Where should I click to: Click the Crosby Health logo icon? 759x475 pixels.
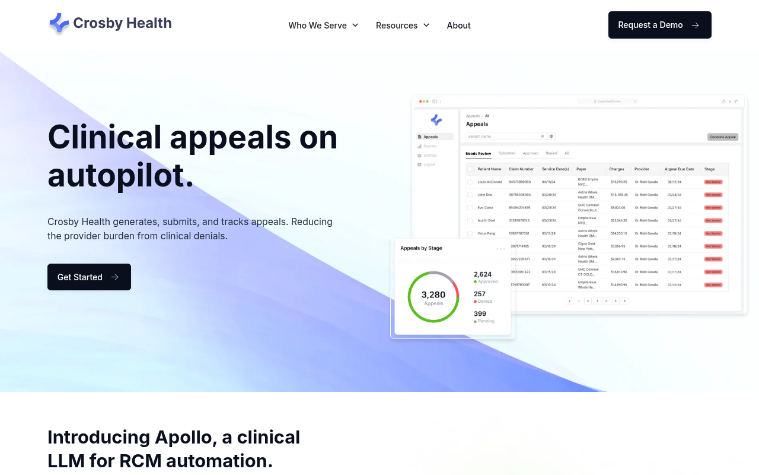[59, 23]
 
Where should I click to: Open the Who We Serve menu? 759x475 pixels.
[323, 26]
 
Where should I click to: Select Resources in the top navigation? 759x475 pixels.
[403, 26]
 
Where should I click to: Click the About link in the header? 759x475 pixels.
[458, 26]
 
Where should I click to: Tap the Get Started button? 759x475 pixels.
[89, 277]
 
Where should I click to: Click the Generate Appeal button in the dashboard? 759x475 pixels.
[723, 137]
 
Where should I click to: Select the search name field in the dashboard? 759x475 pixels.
[504, 137]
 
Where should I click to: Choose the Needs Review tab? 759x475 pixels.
[478, 154]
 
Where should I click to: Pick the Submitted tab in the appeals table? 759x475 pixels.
[506, 154]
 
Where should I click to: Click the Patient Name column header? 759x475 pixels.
[489, 169]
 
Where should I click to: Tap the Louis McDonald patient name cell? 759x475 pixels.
[489, 182]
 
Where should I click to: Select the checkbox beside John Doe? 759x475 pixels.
[470, 195]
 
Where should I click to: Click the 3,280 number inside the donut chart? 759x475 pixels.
[433, 294]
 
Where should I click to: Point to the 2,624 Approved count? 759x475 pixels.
[483, 274]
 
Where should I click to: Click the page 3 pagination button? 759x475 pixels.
[597, 301]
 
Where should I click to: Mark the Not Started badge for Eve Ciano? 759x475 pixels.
[713, 208]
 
